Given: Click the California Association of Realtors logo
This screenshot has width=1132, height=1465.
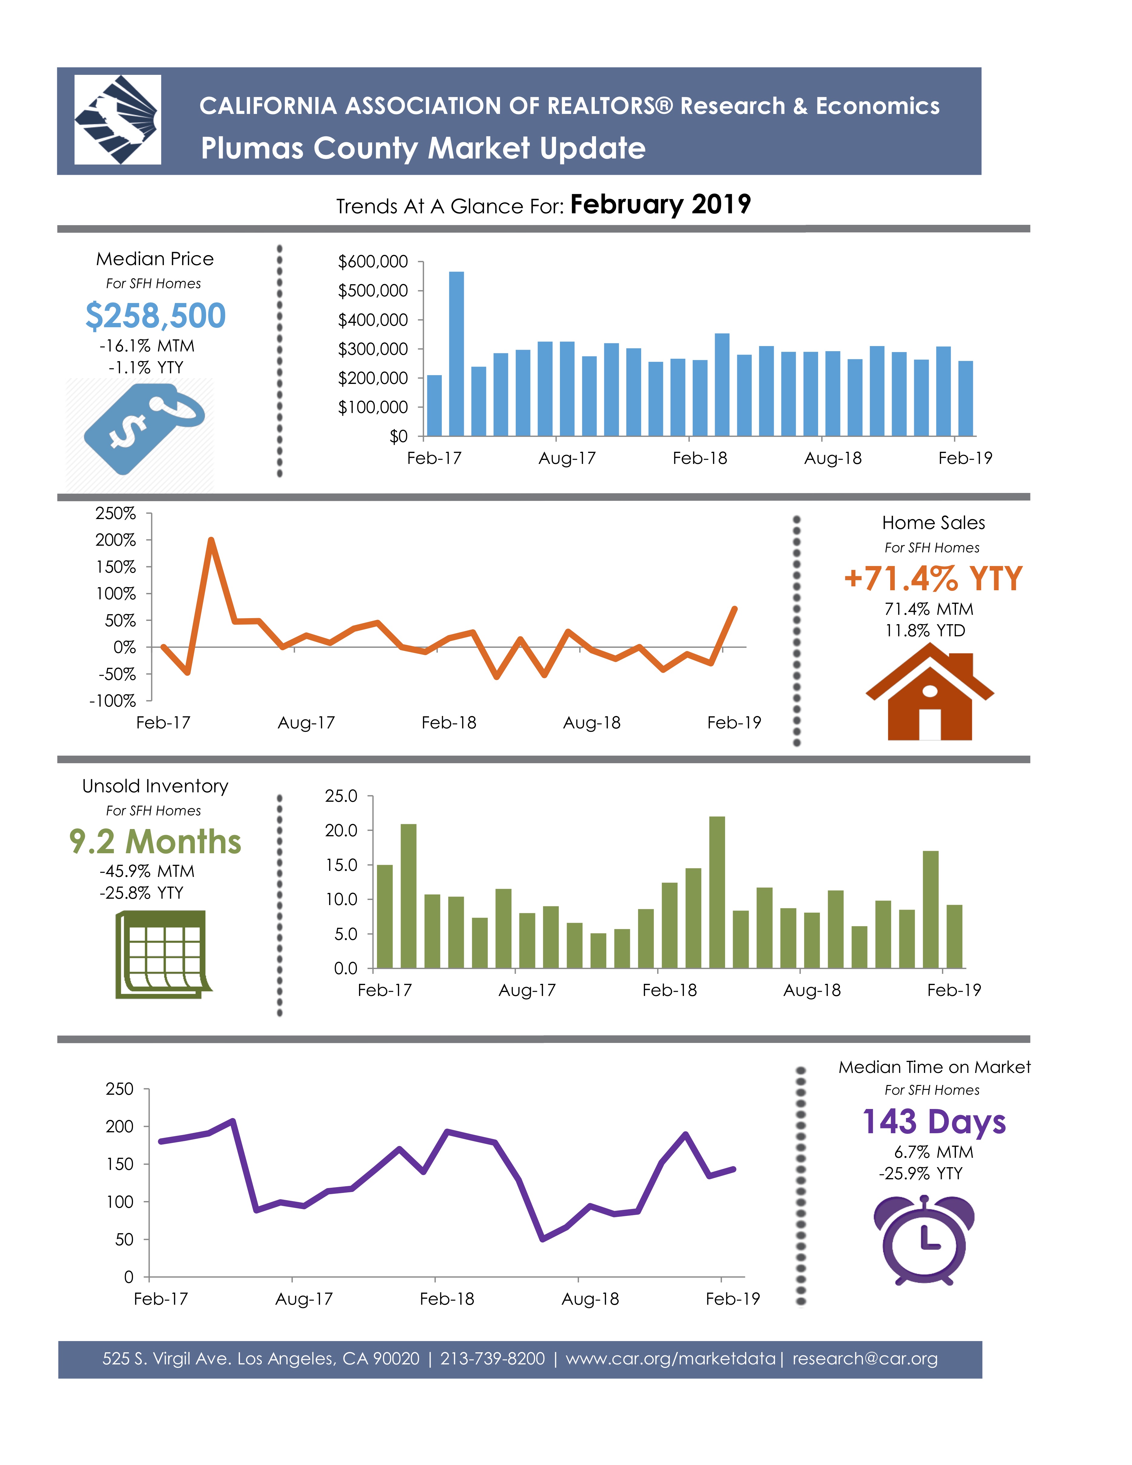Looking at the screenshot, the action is tap(117, 119).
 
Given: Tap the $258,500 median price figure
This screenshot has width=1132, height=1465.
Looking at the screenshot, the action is tap(155, 316).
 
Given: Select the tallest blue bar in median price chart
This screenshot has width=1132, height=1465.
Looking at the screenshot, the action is tap(456, 354).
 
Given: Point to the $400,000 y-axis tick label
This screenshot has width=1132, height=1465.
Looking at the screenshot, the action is tap(373, 320).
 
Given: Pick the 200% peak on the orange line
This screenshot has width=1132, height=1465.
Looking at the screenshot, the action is tap(211, 540).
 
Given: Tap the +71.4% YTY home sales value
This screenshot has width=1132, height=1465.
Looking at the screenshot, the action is tap(933, 578).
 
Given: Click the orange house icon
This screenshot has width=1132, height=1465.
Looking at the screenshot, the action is tap(930, 691).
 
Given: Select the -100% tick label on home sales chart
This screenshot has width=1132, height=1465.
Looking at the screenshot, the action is tap(113, 701).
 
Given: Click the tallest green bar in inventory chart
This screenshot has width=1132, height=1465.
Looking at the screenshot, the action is tap(717, 892).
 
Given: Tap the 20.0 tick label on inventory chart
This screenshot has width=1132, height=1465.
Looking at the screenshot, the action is tap(341, 831).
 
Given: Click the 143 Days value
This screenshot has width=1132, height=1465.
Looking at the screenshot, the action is tap(934, 1122).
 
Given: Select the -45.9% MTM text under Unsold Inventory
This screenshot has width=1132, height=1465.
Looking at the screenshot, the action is tap(147, 871).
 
